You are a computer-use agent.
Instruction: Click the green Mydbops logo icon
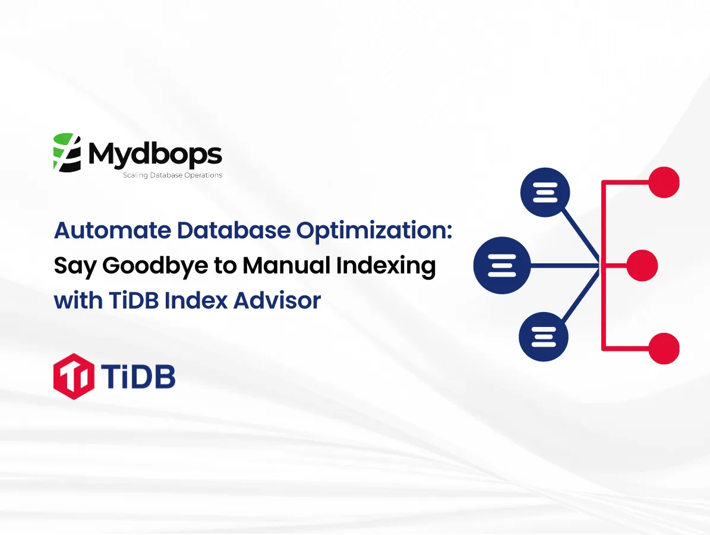click(x=67, y=153)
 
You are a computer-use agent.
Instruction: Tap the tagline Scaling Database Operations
click(x=172, y=175)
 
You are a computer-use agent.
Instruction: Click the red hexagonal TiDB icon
click(x=73, y=376)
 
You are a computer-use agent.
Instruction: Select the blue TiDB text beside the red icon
click(x=137, y=376)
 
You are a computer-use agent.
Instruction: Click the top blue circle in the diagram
click(x=545, y=192)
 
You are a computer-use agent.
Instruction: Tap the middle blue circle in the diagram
click(x=501, y=265)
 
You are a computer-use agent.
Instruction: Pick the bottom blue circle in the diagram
click(x=544, y=336)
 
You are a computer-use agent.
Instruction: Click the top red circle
click(x=663, y=182)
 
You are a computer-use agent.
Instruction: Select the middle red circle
click(x=642, y=265)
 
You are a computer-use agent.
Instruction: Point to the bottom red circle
click(x=663, y=348)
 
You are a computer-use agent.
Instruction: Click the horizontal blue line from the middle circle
click(x=564, y=265)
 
